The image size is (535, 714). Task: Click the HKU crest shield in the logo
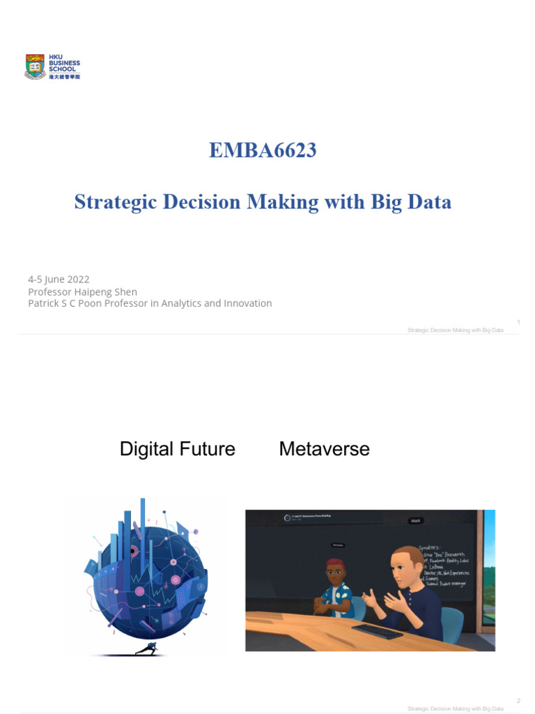tap(35, 66)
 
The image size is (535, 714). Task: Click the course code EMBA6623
tap(263, 150)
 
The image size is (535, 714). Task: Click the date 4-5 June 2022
tap(59, 279)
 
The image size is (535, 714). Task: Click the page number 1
tap(519, 321)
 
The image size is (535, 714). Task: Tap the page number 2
tap(519, 700)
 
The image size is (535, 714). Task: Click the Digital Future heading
tap(177, 449)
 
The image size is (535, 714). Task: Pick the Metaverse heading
tap(324, 449)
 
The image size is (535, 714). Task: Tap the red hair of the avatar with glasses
tap(336, 563)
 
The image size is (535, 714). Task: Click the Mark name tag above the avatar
tap(416, 520)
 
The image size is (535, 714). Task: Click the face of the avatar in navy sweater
tap(405, 570)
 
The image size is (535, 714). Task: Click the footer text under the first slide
tap(455, 330)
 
